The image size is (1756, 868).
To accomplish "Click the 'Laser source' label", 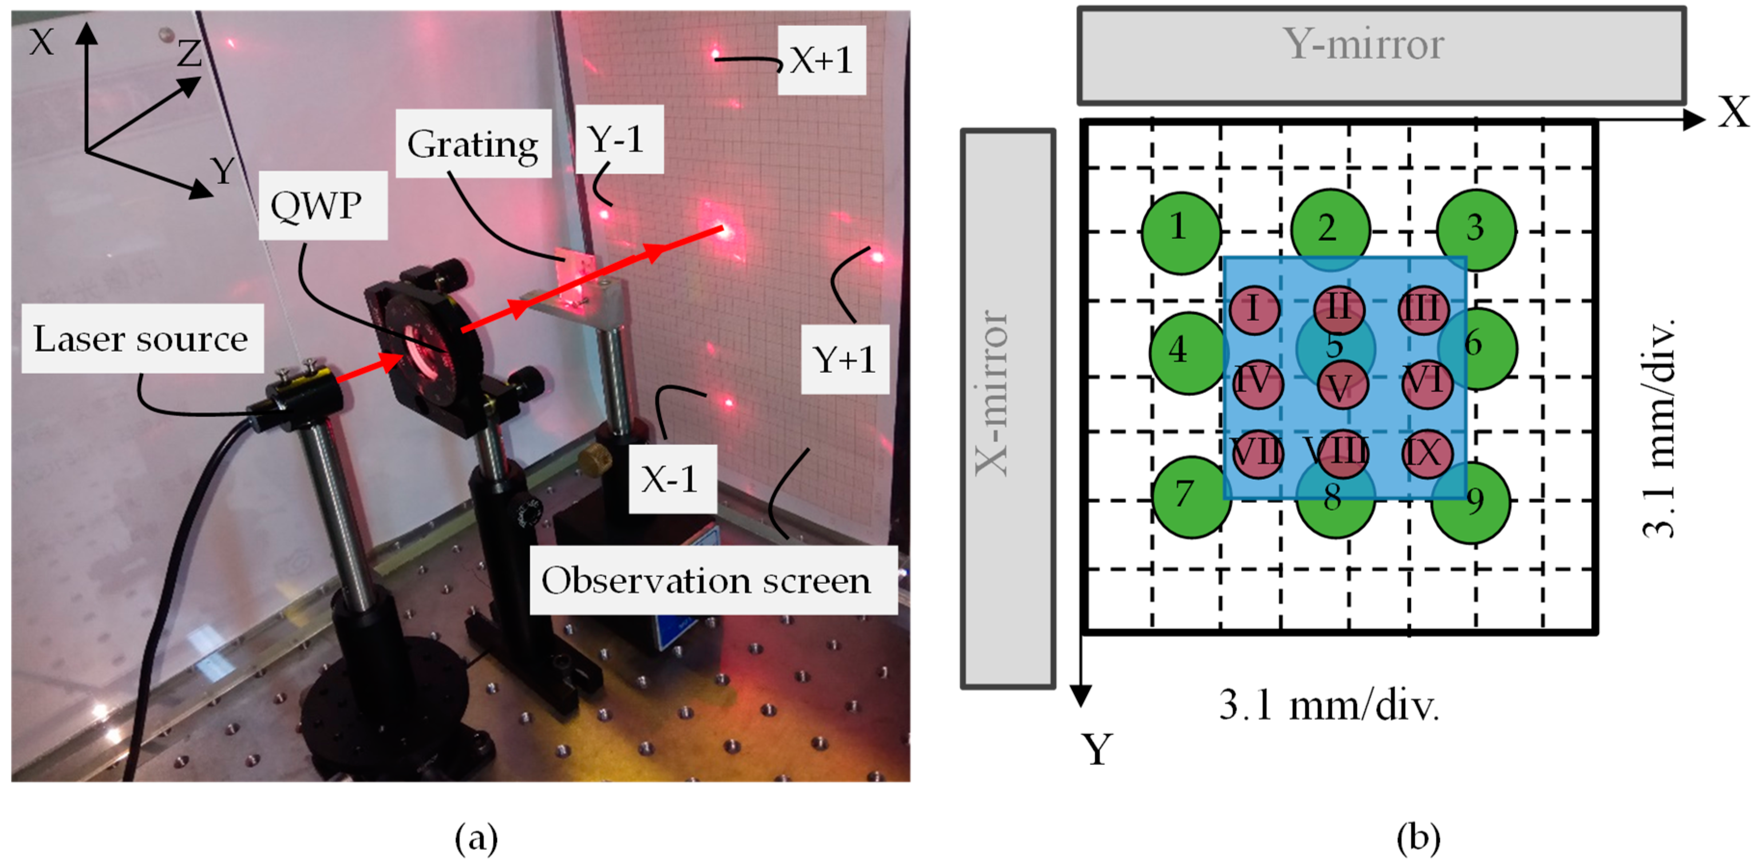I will (142, 339).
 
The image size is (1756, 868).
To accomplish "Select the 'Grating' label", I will (473, 144).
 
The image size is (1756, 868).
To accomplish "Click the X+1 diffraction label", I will (821, 60).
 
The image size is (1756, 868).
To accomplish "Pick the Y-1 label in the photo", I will (619, 139).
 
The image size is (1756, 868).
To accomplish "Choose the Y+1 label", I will (844, 359).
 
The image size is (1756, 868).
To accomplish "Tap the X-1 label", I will (671, 479).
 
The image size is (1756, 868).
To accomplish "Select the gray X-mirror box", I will (1007, 409).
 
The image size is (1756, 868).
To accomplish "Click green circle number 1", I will (1180, 232).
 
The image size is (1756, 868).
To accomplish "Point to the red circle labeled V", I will (1341, 386).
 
